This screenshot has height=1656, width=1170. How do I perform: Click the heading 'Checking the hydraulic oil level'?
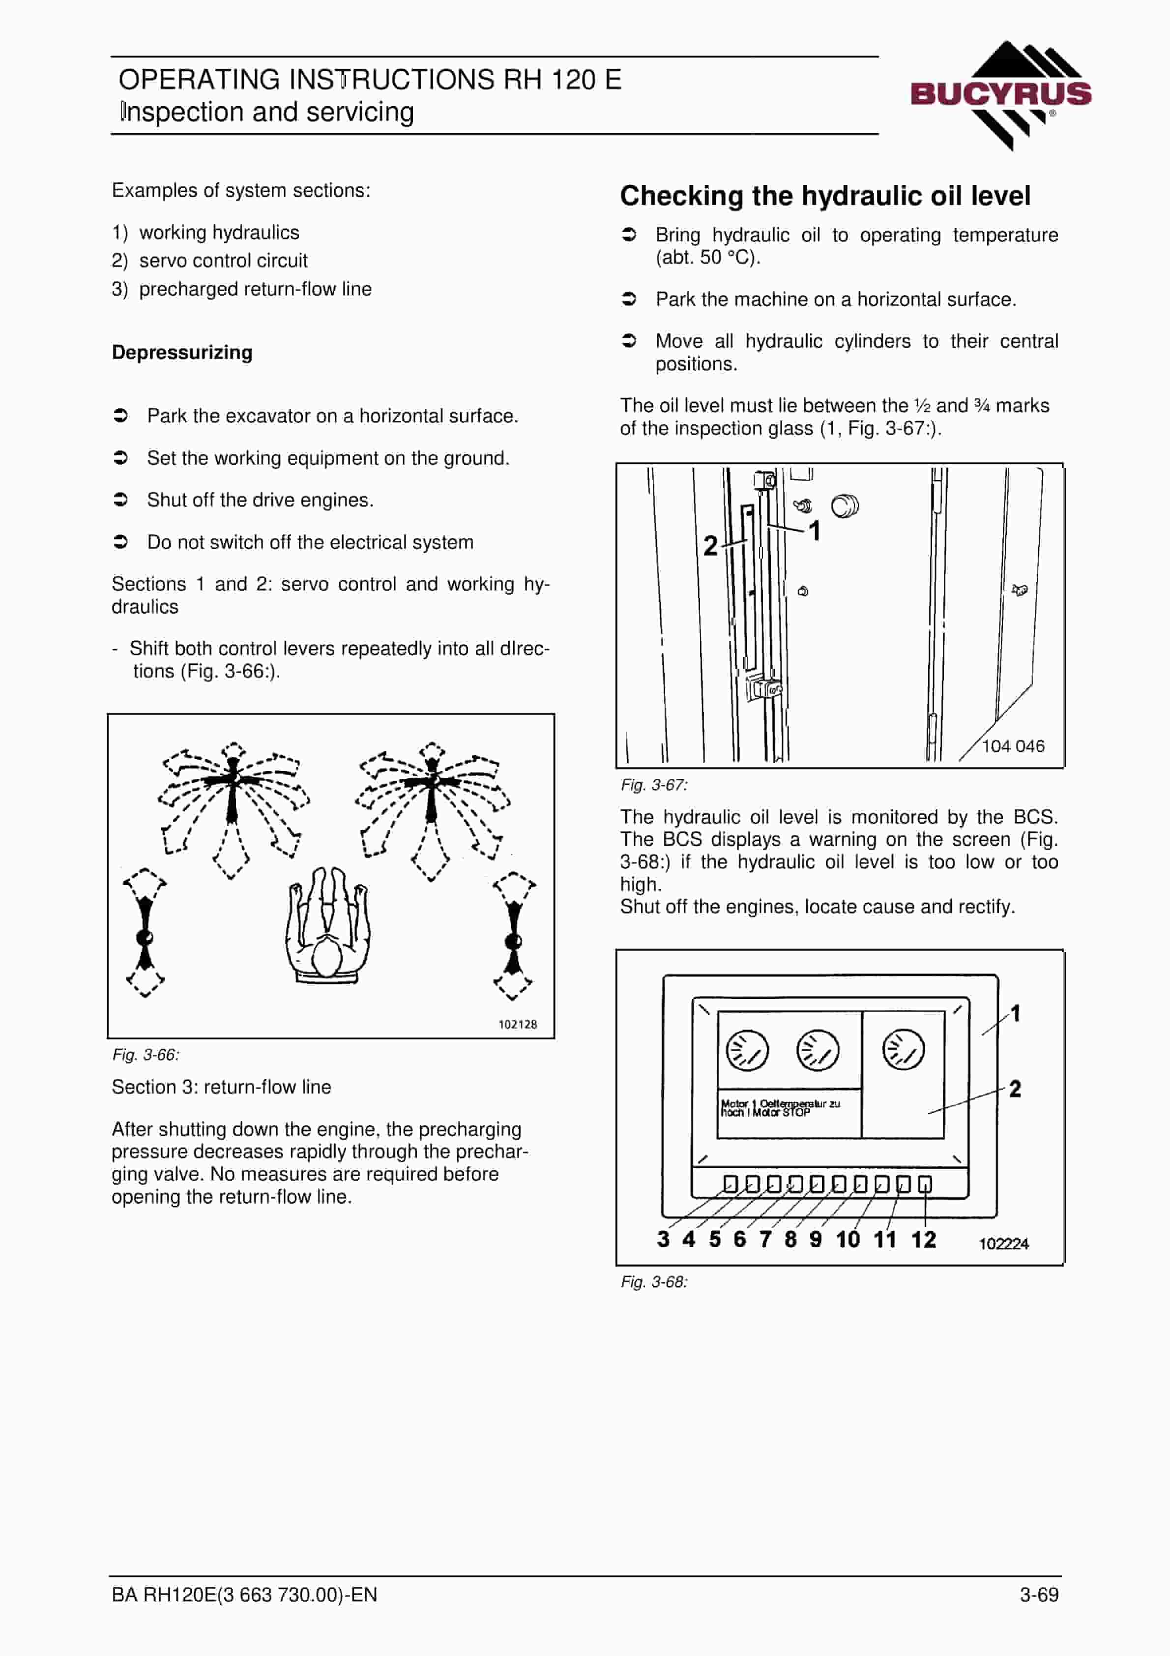[x=825, y=196]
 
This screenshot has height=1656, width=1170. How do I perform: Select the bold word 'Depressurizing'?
[x=182, y=353]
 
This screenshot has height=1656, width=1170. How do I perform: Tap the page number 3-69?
[x=1039, y=1594]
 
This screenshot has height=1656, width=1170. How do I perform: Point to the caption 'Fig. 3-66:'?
[x=146, y=1055]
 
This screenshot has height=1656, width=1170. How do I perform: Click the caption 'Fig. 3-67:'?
[x=654, y=785]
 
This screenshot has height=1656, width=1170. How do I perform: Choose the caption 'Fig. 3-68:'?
[x=654, y=1282]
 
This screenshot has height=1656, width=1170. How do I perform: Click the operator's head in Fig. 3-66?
[x=327, y=959]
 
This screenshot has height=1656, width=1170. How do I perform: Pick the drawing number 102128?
[x=517, y=1024]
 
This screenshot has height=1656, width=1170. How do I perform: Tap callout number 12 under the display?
[x=923, y=1239]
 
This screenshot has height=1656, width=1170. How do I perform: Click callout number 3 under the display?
[x=663, y=1239]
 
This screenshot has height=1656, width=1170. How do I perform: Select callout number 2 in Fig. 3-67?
[x=710, y=545]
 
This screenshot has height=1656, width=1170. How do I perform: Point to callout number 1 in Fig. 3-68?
[x=1016, y=1013]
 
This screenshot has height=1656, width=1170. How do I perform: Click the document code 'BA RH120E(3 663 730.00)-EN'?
[x=244, y=1594]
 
